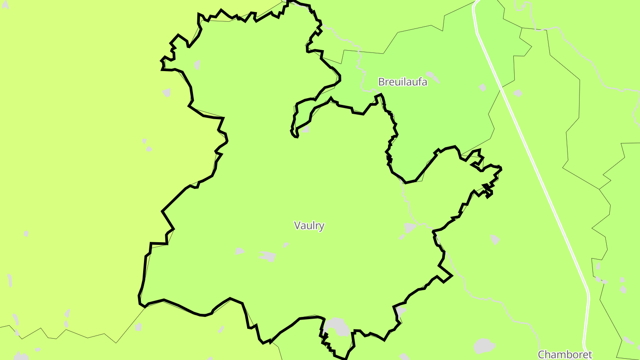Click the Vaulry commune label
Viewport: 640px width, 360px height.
pos(309,225)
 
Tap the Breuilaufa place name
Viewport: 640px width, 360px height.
pos(402,82)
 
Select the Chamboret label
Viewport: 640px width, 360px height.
pos(565,354)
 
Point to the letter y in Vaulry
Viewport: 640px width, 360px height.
pos(322,226)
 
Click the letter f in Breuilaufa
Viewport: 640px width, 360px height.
pos(418,82)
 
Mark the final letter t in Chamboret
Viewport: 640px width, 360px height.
pos(590,354)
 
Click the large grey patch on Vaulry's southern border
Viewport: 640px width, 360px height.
pos(337,326)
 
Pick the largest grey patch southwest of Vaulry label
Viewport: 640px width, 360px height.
pos(268,256)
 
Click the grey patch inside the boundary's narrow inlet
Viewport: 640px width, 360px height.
pos(306,129)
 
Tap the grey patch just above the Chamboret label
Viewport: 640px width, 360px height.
pos(484,345)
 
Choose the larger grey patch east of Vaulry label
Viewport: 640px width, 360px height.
pos(410,228)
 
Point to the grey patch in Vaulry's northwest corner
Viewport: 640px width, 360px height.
pos(197,65)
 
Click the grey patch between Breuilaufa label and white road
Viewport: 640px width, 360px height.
pos(483,88)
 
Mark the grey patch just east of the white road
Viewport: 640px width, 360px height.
pos(518,93)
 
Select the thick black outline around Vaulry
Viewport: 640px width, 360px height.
pos(162,210)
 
